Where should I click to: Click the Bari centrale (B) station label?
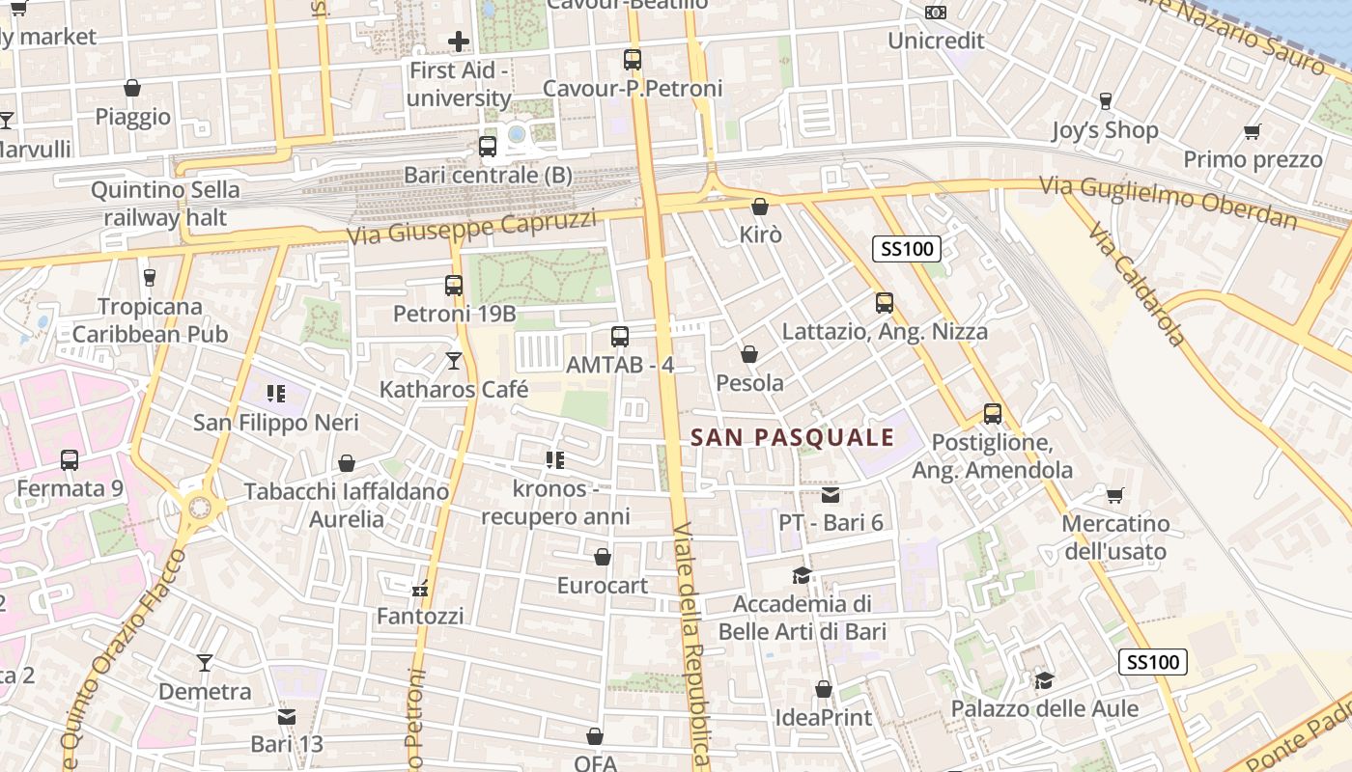tap(488, 176)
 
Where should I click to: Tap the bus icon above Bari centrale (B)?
tap(488, 147)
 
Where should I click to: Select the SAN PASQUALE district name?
tap(793, 437)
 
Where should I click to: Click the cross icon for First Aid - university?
tap(459, 41)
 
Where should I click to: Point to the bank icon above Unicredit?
tap(935, 13)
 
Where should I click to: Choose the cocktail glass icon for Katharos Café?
tap(454, 361)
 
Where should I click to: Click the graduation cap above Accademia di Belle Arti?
tap(802, 576)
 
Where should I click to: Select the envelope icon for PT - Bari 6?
tap(831, 495)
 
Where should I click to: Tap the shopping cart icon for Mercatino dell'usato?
tap(1115, 496)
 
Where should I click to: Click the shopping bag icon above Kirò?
tap(760, 207)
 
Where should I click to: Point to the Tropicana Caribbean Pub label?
tap(150, 320)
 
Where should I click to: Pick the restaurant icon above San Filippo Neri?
tap(276, 394)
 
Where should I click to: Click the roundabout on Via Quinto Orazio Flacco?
tap(200, 506)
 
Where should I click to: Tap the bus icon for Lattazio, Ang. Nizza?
tap(885, 303)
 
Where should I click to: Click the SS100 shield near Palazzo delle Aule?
tap(1153, 662)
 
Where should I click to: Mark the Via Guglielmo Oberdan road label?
tap(1168, 202)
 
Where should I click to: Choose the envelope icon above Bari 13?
tap(287, 716)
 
